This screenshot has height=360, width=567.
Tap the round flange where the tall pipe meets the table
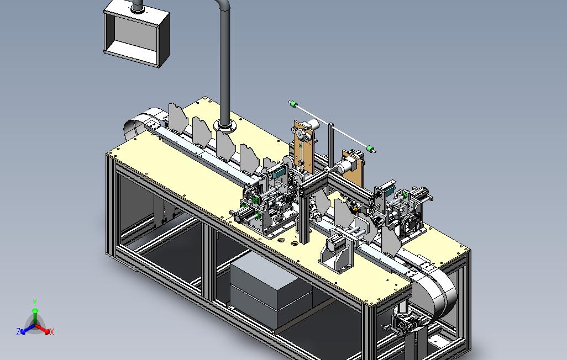pos(224,126)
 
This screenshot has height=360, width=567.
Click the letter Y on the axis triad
pos(35,302)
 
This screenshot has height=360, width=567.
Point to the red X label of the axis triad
pos(52,332)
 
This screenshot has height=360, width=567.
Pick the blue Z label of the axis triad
pos(18,331)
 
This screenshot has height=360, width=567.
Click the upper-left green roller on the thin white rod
pos(293,104)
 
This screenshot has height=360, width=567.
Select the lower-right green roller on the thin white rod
pos(370,149)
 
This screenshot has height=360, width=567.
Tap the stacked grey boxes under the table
pos(271,290)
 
